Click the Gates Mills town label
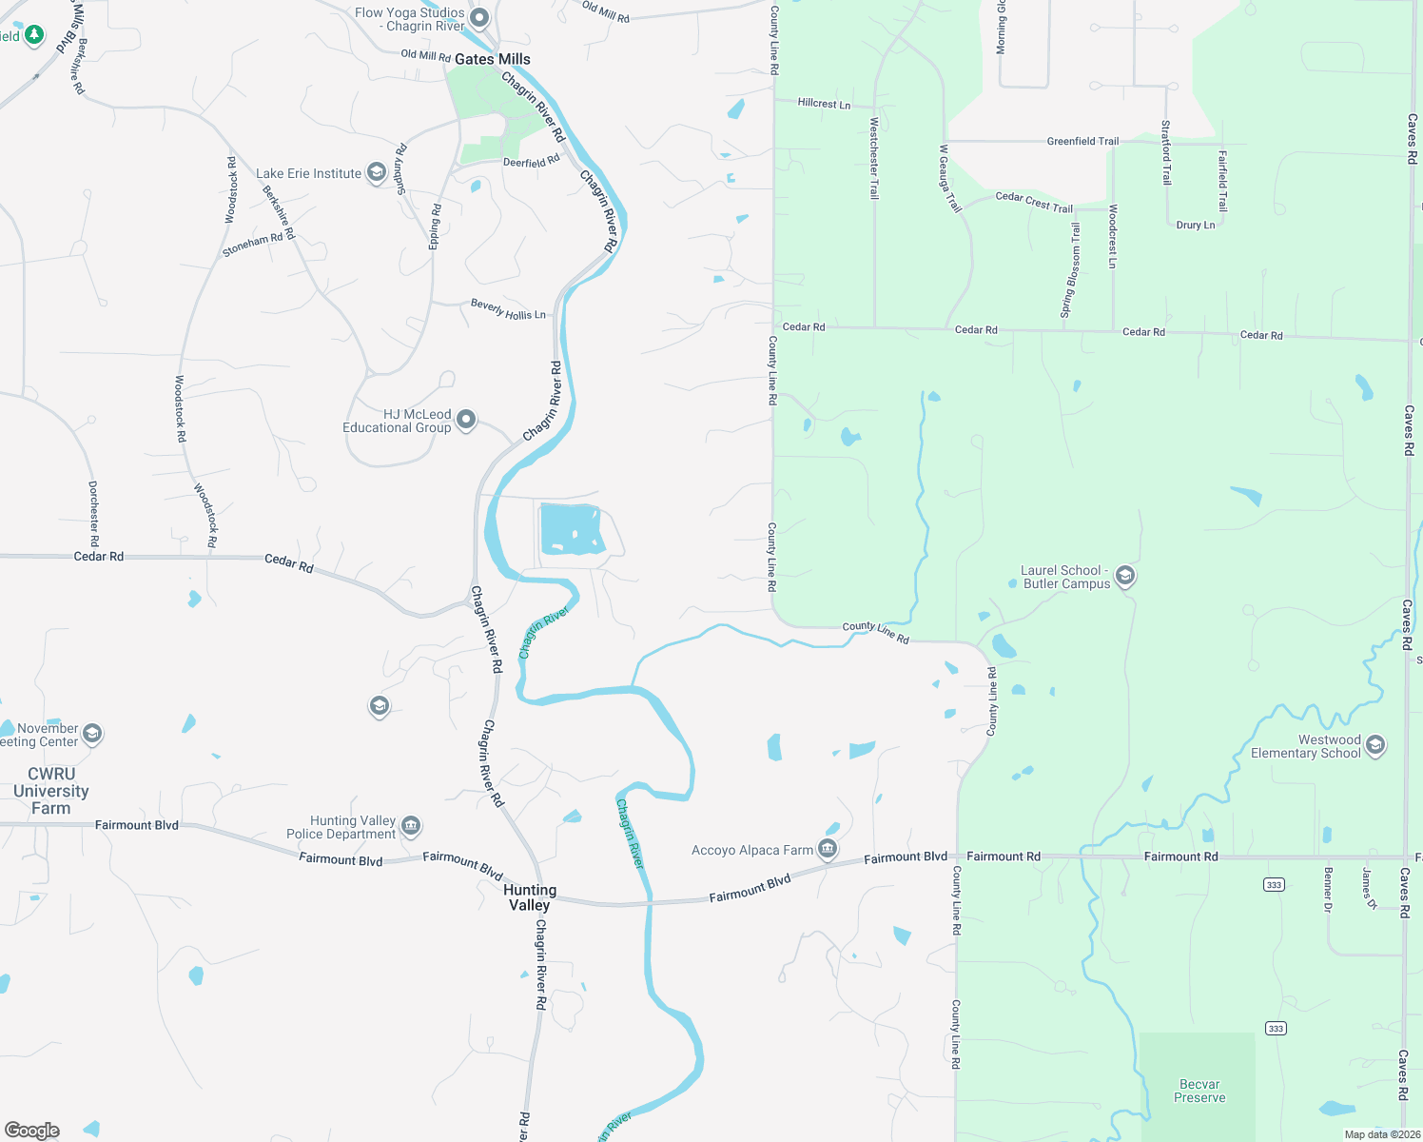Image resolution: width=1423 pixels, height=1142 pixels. [x=492, y=59]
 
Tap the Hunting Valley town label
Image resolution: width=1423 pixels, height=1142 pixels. [x=530, y=897]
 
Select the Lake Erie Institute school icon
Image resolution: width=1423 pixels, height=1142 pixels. [x=377, y=173]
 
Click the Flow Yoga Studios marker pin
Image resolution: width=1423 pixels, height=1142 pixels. [x=479, y=17]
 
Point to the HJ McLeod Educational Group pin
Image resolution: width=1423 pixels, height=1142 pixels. [x=465, y=419]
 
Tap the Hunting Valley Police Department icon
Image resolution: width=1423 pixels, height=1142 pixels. [x=411, y=825]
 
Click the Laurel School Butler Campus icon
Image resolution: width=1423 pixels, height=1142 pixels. [x=1125, y=575]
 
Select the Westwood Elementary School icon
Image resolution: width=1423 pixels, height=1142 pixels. [x=1374, y=744]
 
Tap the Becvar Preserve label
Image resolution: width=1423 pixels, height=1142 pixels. [x=1199, y=1091]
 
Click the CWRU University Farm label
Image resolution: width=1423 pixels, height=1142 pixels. [x=51, y=791]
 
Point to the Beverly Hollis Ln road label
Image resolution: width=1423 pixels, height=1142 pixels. [x=508, y=309]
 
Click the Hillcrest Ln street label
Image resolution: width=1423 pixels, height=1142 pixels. [x=824, y=103]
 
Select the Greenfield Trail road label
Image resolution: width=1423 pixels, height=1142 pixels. [x=1082, y=141]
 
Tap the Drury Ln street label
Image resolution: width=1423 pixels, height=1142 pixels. [x=1196, y=225]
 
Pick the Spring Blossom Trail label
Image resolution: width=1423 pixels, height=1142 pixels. [x=1071, y=270]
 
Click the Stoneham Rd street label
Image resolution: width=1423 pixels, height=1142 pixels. [x=252, y=245]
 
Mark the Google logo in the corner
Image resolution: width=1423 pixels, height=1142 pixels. [x=32, y=1131]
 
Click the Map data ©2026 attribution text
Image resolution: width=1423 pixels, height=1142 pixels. [x=1380, y=1134]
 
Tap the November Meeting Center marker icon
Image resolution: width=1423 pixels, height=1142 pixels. [x=92, y=733]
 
